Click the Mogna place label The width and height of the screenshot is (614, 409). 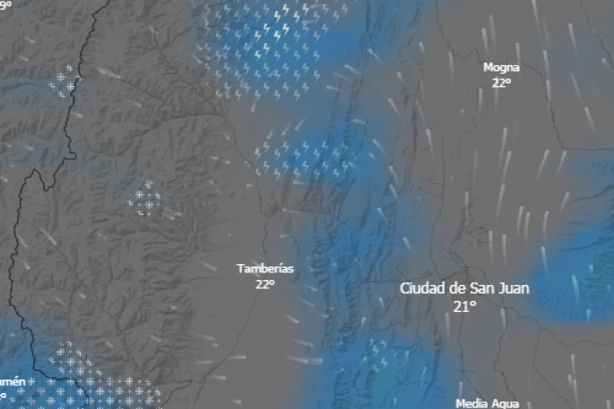pyautogui.click(x=501, y=67)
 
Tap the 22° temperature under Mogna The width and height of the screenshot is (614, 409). pyautogui.click(x=502, y=83)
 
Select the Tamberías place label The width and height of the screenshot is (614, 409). pyautogui.click(x=265, y=269)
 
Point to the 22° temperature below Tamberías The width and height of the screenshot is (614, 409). pyautogui.click(x=265, y=284)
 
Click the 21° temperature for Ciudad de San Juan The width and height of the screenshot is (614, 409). pyautogui.click(x=464, y=307)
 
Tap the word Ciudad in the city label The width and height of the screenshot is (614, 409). pyautogui.click(x=421, y=288)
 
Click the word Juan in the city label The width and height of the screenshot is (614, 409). pyautogui.click(x=514, y=288)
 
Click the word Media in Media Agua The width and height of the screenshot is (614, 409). pyautogui.click(x=471, y=404)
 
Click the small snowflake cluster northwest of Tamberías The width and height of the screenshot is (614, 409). pyautogui.click(x=146, y=200)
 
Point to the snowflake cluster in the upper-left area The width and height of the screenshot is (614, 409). pyautogui.click(x=63, y=83)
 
